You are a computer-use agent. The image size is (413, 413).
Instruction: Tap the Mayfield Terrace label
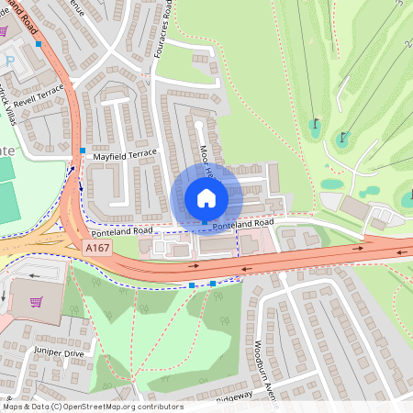[x=125, y=153]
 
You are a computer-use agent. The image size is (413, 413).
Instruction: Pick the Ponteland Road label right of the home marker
[x=243, y=224]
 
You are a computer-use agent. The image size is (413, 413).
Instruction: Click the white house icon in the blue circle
[x=206, y=197]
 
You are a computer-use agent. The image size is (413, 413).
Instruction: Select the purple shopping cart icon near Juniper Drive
[x=37, y=302]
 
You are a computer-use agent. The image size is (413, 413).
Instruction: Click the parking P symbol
[x=11, y=61]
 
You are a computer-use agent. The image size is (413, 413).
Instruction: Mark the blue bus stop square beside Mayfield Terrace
[x=83, y=151]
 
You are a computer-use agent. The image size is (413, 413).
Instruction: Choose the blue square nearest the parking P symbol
[x=39, y=43]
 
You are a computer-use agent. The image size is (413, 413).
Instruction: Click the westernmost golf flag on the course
[x=316, y=122]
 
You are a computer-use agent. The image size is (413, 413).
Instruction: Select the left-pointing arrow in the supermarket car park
[x=34, y=274]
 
